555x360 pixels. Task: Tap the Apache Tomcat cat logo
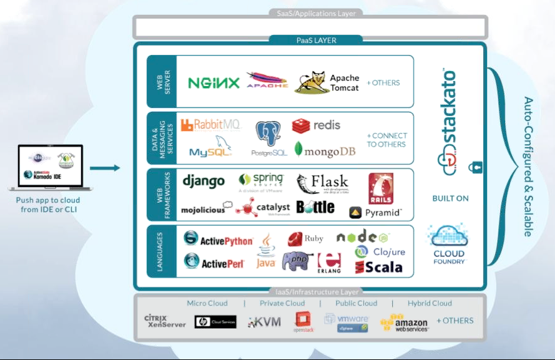point(311,82)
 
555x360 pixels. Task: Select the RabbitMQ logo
point(210,125)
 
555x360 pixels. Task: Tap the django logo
point(204,181)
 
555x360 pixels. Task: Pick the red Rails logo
point(381,188)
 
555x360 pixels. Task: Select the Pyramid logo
point(375,213)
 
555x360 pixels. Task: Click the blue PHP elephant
point(297,261)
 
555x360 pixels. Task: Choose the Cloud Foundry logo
point(449,245)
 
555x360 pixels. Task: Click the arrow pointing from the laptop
point(104,167)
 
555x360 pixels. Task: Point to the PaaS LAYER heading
point(316,41)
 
